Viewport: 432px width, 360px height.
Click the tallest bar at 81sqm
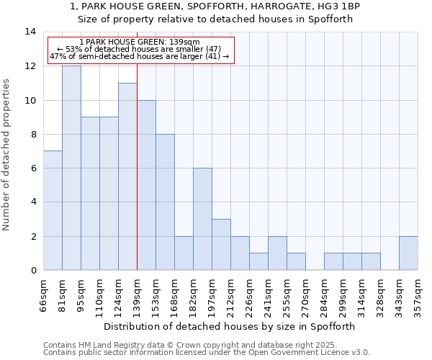click(x=71, y=168)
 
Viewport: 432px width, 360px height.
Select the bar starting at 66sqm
click(x=53, y=210)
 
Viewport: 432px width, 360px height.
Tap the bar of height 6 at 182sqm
click(x=202, y=219)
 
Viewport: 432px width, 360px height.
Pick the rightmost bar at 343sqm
click(x=408, y=253)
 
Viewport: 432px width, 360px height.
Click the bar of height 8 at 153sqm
click(x=165, y=202)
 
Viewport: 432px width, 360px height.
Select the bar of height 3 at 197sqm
click(x=221, y=245)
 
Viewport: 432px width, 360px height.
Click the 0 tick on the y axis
click(x=33, y=271)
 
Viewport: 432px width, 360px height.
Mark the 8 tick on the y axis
click(x=33, y=135)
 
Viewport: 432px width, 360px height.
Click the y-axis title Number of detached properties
click(x=7, y=155)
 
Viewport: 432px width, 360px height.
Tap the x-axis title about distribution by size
click(x=230, y=326)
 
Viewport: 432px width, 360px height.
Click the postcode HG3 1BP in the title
click(x=339, y=6)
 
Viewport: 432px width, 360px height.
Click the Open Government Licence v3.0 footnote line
click(x=207, y=353)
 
